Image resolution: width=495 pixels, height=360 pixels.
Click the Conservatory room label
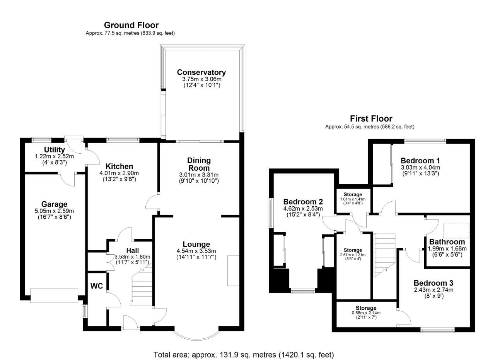point(201,72)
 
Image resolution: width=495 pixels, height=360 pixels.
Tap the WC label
point(97,286)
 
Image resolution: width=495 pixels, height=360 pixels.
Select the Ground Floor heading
point(131,26)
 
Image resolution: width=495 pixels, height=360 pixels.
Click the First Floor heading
point(371,119)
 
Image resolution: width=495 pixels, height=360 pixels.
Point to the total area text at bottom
point(244,355)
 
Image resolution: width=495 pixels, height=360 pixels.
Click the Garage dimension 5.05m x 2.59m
point(55,211)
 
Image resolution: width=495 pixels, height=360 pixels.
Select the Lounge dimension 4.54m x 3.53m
point(196,251)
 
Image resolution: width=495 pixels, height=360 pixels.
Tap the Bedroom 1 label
point(420,161)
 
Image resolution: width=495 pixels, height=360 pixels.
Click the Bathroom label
point(447,242)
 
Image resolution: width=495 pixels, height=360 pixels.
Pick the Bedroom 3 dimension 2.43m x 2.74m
point(433,290)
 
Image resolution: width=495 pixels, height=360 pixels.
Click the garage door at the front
point(54,296)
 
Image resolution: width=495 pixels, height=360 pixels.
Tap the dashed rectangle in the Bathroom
point(456,230)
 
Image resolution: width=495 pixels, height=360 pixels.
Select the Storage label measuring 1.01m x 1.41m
point(353,194)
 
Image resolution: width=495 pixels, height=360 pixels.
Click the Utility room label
point(55,150)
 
